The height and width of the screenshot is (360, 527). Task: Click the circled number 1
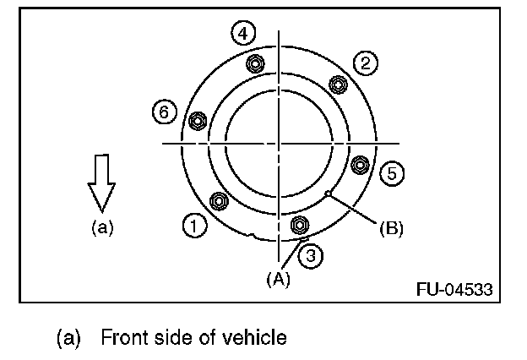193,225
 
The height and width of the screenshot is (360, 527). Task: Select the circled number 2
365,63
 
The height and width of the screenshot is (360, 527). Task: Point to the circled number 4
243,33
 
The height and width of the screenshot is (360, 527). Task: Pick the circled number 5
391,173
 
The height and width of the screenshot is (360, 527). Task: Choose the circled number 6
165,111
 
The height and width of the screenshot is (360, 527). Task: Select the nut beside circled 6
198,120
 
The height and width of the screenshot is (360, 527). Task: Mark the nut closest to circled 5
359,164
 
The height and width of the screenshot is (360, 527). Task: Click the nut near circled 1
218,201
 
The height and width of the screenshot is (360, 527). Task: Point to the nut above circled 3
298,225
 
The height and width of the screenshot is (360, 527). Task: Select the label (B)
390,227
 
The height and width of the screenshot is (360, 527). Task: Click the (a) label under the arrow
101,226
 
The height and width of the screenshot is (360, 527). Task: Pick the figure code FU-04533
454,288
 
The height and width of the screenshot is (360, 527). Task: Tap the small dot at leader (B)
328,194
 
